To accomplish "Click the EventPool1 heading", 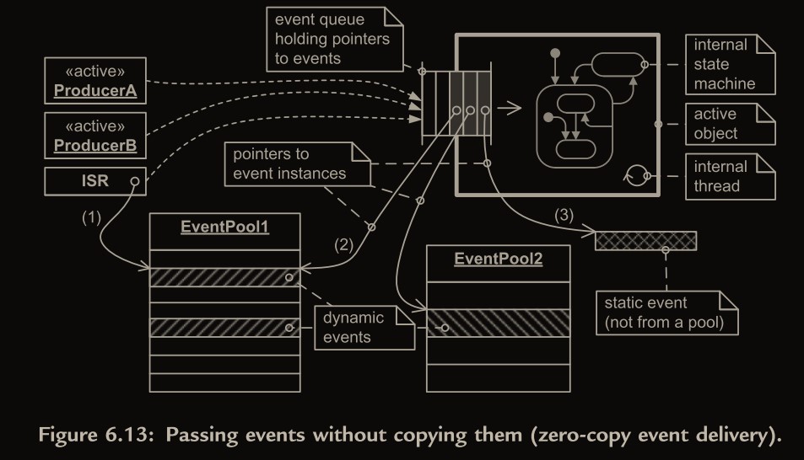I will (225, 227).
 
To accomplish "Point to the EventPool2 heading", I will (499, 259).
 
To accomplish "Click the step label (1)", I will (91, 217).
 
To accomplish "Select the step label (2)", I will (343, 247).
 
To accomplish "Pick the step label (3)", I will (564, 214).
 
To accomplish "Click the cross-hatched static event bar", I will (646, 242).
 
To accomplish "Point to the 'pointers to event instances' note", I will (296, 164).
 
